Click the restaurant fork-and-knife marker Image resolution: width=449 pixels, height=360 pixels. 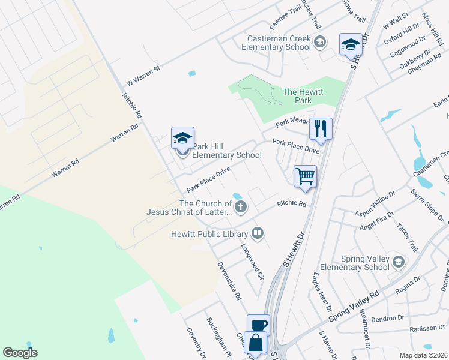321,129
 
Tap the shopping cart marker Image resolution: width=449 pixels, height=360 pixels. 305,177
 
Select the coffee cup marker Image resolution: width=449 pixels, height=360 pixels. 258,326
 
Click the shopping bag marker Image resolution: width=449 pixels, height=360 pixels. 255,344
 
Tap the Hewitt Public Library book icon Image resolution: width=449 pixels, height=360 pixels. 258,233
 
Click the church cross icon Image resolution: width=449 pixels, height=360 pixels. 241,208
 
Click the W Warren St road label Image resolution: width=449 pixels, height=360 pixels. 143,76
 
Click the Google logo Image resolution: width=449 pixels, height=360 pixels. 20,353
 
